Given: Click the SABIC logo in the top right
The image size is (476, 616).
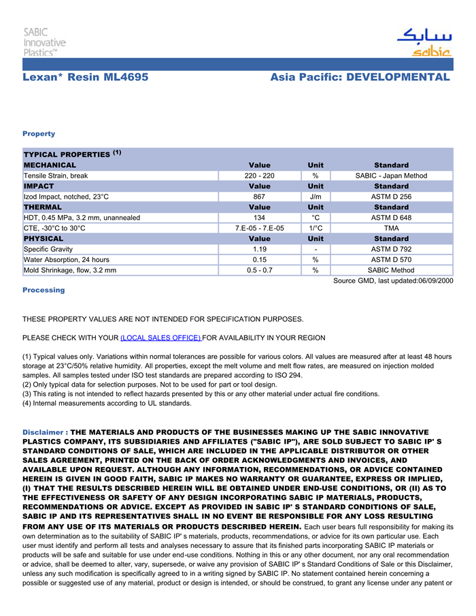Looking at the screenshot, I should (x=424, y=43).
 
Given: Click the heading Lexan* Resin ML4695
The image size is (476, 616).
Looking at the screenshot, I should (x=85, y=77).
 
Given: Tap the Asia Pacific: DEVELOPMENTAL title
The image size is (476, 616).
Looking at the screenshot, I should (x=360, y=77).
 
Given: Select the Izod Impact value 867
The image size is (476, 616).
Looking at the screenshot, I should (x=259, y=197).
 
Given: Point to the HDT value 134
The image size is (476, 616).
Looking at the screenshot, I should (x=259, y=218).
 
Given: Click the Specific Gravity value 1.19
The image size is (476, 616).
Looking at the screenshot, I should (x=259, y=249).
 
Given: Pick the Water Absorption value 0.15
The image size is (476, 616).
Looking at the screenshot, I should (x=259, y=259).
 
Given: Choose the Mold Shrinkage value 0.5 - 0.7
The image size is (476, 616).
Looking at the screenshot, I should (x=259, y=270).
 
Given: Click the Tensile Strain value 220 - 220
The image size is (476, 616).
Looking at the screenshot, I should (x=259, y=176).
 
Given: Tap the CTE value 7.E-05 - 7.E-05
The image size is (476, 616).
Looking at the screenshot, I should (x=259, y=228).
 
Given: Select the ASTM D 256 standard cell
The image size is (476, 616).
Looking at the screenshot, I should (x=391, y=197).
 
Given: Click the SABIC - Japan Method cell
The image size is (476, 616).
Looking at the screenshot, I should (x=391, y=176).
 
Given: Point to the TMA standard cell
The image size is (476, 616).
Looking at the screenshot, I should (x=391, y=228).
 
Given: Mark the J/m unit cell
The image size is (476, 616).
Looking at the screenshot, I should (x=316, y=197).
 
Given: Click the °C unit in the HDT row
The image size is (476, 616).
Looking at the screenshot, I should (x=316, y=218).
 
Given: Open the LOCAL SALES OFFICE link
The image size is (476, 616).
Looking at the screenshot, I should (x=160, y=338).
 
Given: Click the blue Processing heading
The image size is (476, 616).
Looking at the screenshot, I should (x=44, y=290).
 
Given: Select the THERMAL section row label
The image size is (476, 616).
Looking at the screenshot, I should (x=43, y=207).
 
